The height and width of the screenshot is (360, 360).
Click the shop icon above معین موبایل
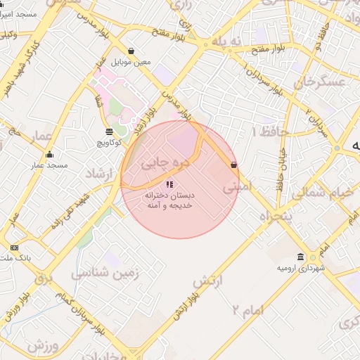click(131, 51)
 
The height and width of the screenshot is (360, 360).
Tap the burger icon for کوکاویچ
click(108, 131)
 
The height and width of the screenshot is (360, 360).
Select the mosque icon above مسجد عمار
click(49, 155)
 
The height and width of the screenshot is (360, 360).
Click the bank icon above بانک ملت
click(15, 247)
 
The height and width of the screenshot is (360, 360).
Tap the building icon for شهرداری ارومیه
click(300, 257)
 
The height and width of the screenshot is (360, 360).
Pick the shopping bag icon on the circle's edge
click(233, 165)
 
